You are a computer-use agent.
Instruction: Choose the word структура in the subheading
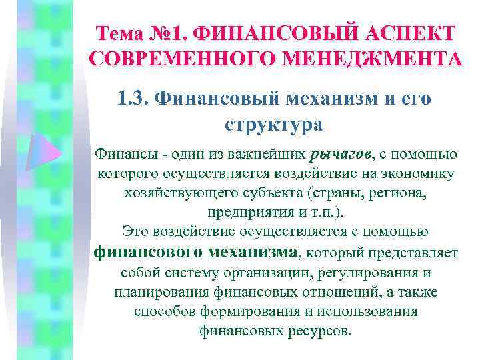click(x=274, y=125)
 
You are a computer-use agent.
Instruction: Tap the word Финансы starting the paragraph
click(x=121, y=155)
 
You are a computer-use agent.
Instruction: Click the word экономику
click(x=420, y=174)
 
